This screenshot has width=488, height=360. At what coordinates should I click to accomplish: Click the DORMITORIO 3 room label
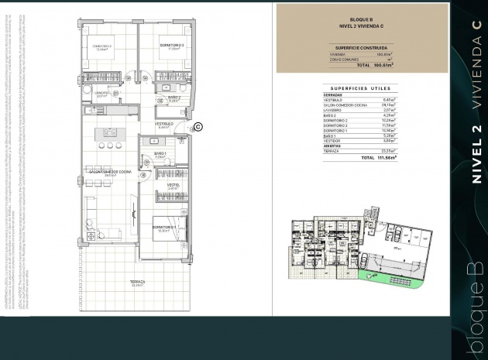[171, 46]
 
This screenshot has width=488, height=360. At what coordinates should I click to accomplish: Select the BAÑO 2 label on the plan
[174, 98]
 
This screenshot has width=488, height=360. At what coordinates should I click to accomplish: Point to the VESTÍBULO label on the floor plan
[163, 124]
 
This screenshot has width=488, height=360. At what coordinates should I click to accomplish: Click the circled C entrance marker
[197, 126]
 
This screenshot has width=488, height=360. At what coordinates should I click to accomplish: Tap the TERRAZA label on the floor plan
[137, 282]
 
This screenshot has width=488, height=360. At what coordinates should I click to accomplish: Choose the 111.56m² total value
[385, 157]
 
